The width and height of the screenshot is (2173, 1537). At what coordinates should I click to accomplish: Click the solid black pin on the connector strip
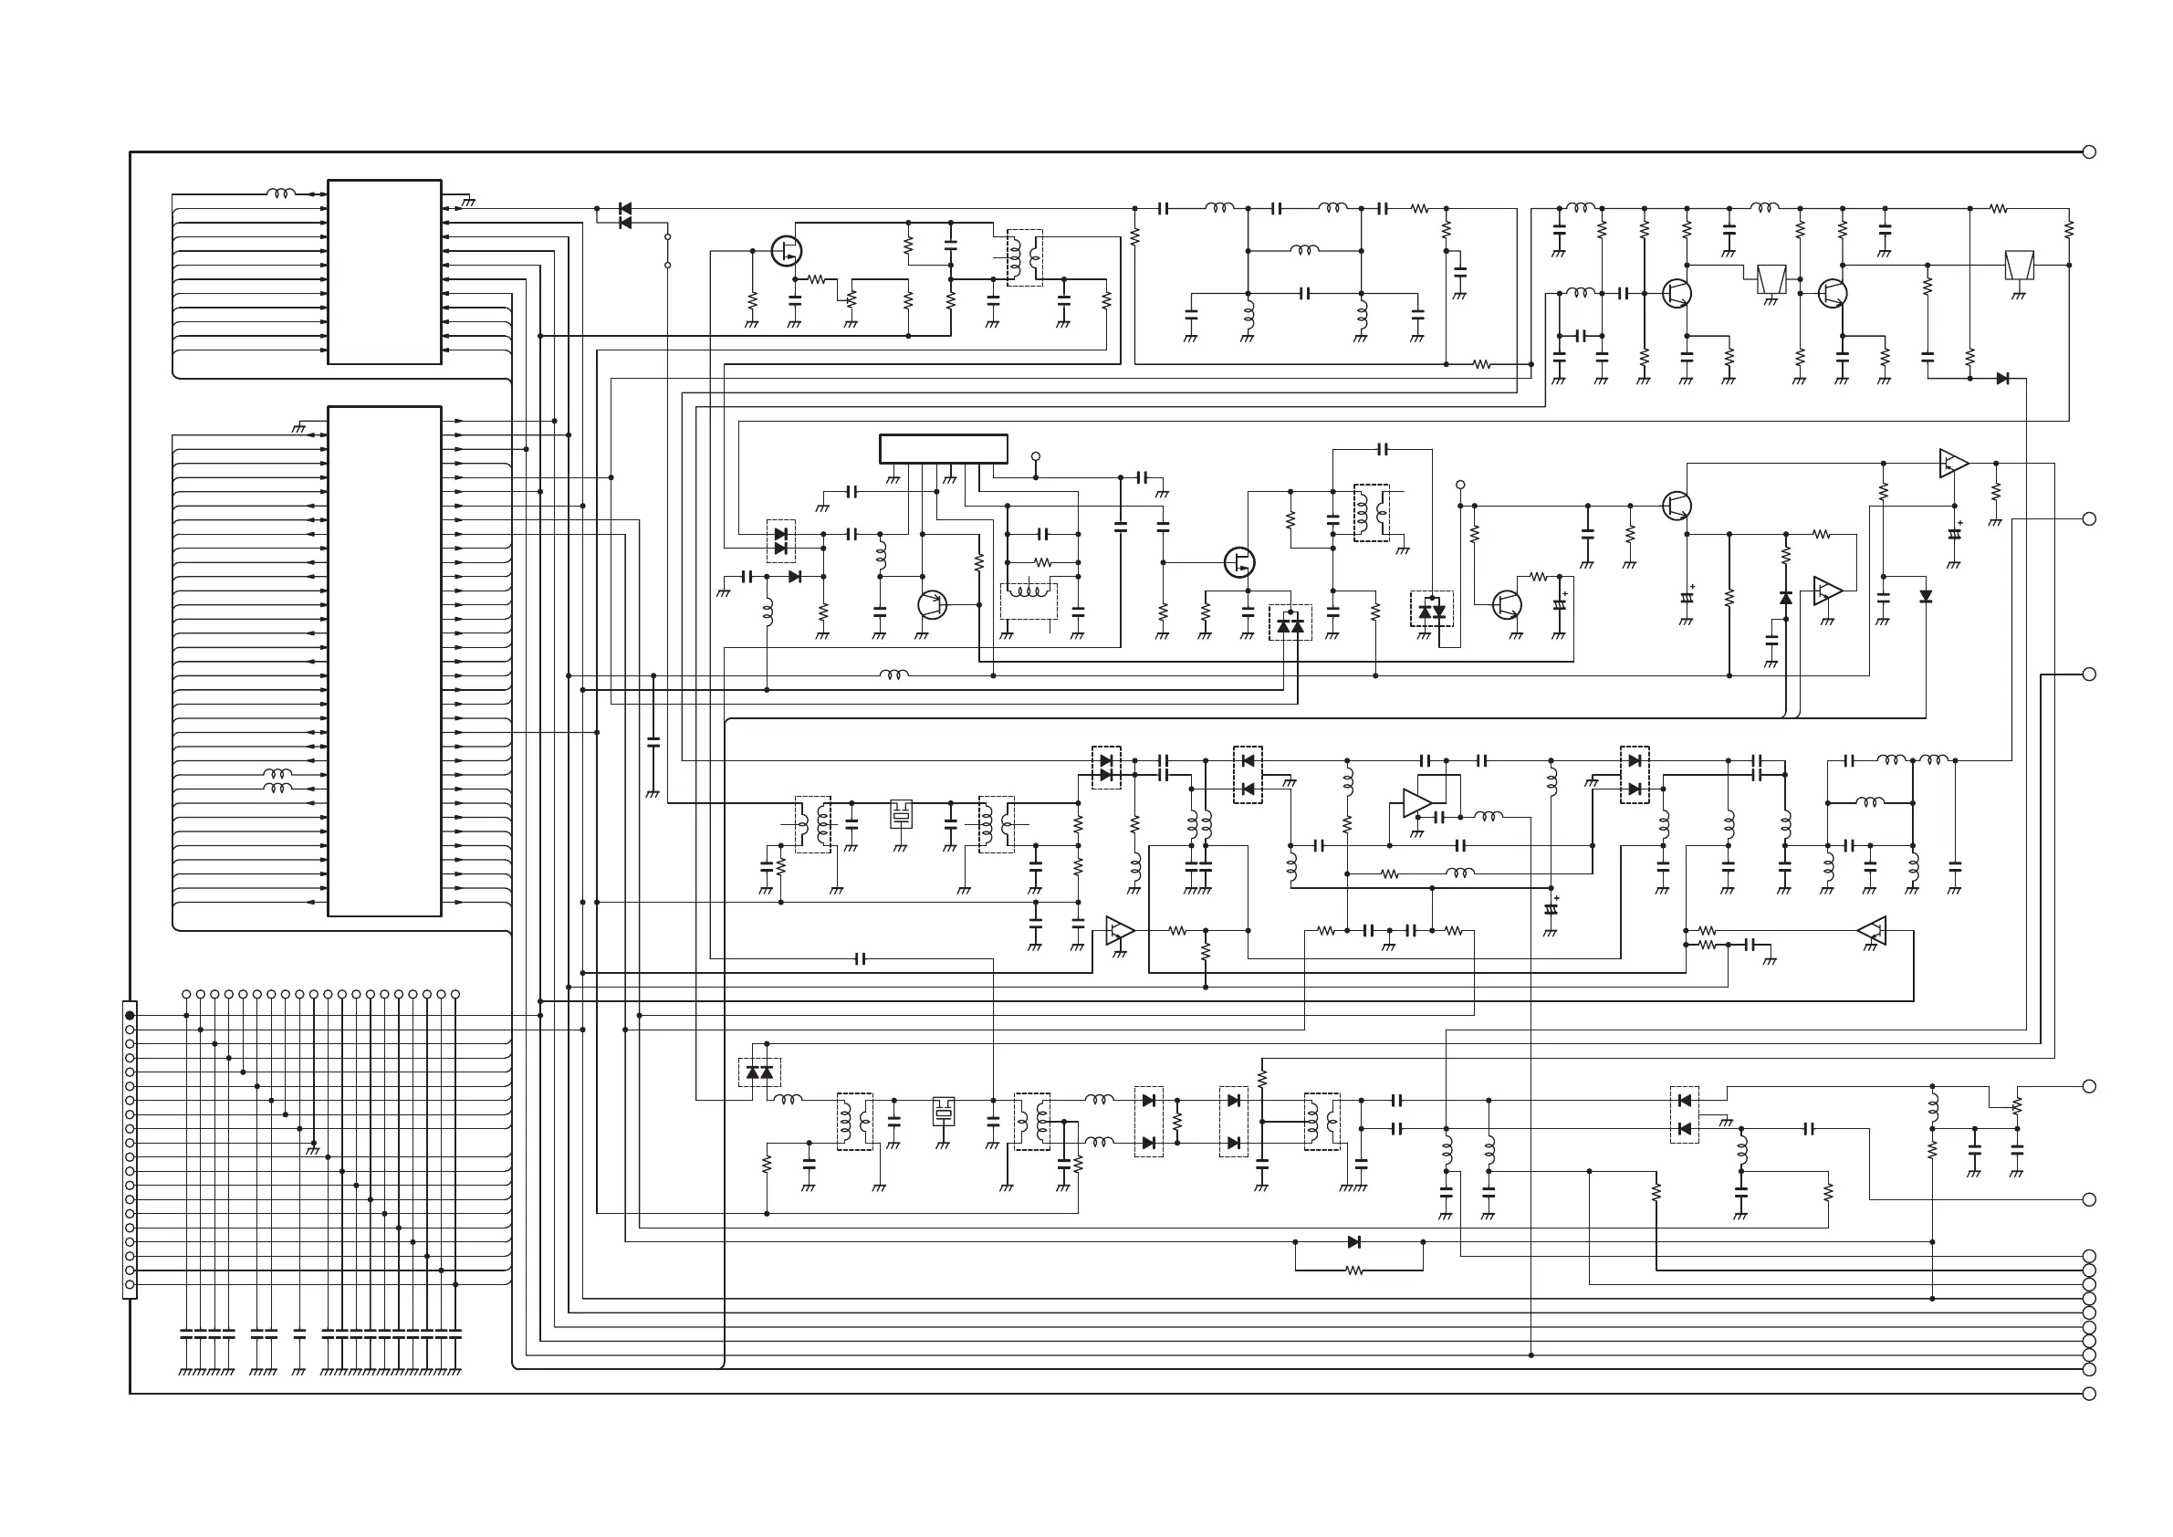pos(130,1016)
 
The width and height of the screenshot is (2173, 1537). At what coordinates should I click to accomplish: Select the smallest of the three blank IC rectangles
pos(943,449)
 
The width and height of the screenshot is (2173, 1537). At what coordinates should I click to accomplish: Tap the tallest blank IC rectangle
pos(384,661)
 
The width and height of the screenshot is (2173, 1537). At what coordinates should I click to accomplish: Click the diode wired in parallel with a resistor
pos(1354,1241)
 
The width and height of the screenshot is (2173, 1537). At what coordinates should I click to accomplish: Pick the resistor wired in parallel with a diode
pos(1354,1271)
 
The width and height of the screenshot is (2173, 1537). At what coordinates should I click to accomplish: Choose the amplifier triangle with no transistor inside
pos(1416,803)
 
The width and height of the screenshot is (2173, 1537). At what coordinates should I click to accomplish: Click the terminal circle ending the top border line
pos(2089,152)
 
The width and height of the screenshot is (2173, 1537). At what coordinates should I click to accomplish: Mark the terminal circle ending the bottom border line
pos(2089,1394)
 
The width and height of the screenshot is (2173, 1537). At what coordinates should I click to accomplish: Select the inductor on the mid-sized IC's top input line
pos(280,194)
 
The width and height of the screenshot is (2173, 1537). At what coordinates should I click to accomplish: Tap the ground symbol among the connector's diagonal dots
pos(312,1151)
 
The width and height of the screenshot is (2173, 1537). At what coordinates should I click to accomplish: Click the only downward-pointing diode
pos(1925,596)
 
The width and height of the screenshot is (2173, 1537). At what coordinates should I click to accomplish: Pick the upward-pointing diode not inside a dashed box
pos(1786,598)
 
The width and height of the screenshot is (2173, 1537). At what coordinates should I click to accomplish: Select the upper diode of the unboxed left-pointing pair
pos(624,208)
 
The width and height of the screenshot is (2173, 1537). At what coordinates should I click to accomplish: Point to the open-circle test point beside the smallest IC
pos(1036,456)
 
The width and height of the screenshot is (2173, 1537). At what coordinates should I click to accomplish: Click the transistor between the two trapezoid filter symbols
pos(1833,293)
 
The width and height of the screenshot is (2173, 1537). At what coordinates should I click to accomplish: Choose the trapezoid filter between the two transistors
pos(1771,279)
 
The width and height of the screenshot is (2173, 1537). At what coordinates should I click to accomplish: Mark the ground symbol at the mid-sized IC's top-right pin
pos(467,202)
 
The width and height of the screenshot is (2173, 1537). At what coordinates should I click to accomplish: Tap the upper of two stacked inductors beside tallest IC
pos(277,774)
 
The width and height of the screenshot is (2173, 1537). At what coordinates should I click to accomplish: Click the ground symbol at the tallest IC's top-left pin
pos(299,429)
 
